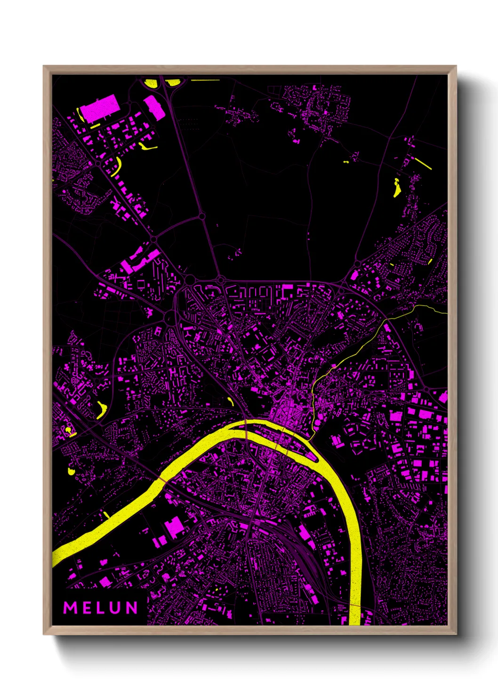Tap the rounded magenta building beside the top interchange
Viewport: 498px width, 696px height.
pos(154,107)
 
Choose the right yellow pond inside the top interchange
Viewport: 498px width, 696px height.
pos(173,83)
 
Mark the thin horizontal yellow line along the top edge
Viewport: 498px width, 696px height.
pos(205,80)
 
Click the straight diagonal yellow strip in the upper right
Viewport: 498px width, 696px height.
pos(423,163)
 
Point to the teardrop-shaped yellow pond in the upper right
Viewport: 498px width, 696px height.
pos(396,188)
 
